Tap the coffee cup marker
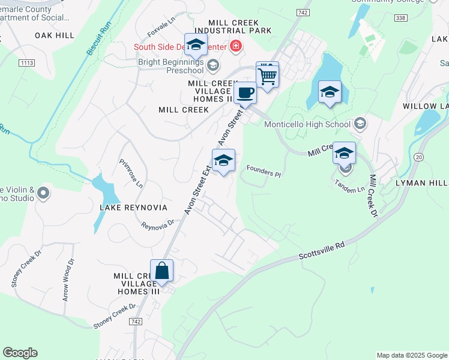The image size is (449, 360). pos(245,94)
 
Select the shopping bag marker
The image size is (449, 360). pos(161,271)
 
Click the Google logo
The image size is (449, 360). pos(20,353)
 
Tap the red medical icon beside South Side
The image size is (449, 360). pos(237,46)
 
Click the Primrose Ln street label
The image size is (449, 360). pos(131,173)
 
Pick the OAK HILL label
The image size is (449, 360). pos(55,35)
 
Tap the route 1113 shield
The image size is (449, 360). pos(27,62)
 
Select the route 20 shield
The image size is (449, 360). pos(419,157)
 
